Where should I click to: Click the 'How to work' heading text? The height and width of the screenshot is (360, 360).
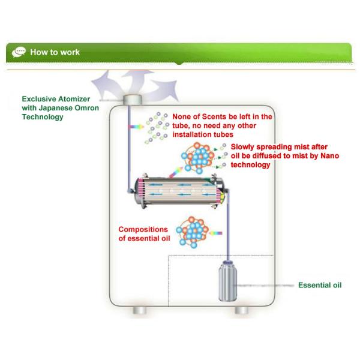[x=55, y=52]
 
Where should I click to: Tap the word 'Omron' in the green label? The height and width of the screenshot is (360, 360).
[x=97, y=109]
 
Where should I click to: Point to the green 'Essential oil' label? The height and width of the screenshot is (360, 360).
[x=319, y=284]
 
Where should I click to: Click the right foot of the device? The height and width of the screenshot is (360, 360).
[x=242, y=311]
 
